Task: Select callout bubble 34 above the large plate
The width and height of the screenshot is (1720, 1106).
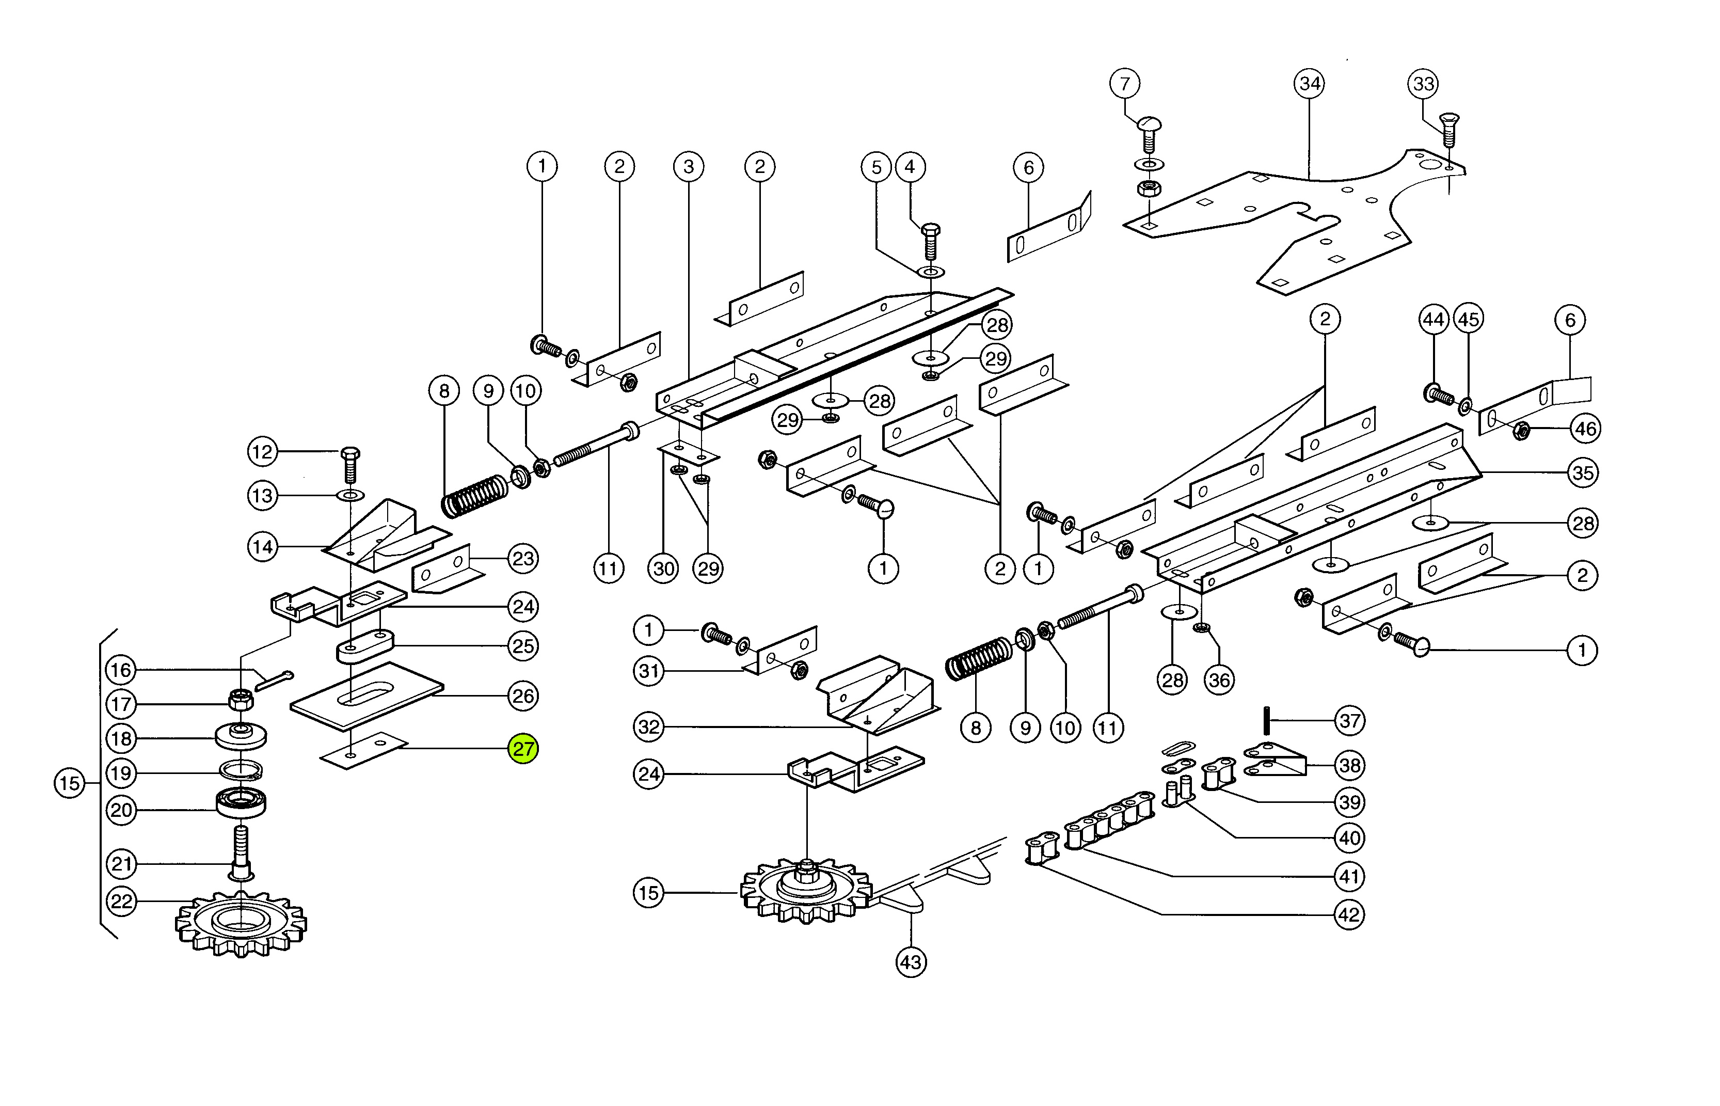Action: (1310, 83)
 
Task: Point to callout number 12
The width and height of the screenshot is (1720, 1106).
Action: (262, 452)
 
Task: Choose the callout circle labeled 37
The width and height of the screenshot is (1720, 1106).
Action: (1349, 720)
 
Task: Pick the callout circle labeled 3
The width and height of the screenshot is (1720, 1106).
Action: (689, 167)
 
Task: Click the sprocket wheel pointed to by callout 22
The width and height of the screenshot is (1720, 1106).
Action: (241, 924)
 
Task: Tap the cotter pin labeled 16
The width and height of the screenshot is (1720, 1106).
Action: (274, 681)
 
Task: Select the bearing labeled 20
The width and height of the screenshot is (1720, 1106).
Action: (241, 802)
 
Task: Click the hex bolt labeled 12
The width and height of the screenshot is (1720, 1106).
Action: (351, 464)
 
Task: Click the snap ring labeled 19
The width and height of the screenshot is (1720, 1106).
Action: (241, 770)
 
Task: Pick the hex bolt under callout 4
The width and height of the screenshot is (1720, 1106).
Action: (930, 241)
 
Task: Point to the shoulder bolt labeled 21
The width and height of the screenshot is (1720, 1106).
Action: (241, 852)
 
